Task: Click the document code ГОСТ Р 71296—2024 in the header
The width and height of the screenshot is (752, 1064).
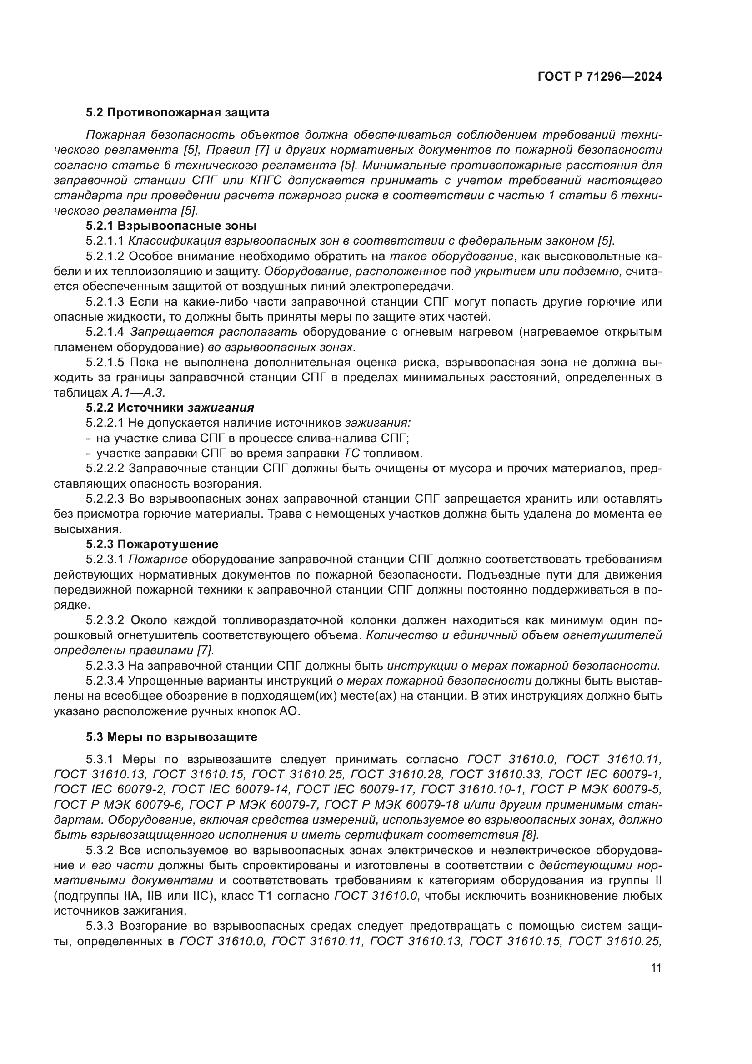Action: tap(599, 77)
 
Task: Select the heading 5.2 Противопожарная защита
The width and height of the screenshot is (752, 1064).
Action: tap(177, 113)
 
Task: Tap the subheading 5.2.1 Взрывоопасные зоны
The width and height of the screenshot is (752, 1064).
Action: tap(171, 226)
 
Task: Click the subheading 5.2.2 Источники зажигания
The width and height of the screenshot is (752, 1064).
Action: tap(170, 407)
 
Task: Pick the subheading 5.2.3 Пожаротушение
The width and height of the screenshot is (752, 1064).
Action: tap(152, 544)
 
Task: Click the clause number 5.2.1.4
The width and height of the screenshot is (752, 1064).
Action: tap(105, 332)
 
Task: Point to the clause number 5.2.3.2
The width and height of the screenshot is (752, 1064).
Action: tap(105, 620)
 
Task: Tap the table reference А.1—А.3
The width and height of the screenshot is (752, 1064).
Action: tap(137, 393)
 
